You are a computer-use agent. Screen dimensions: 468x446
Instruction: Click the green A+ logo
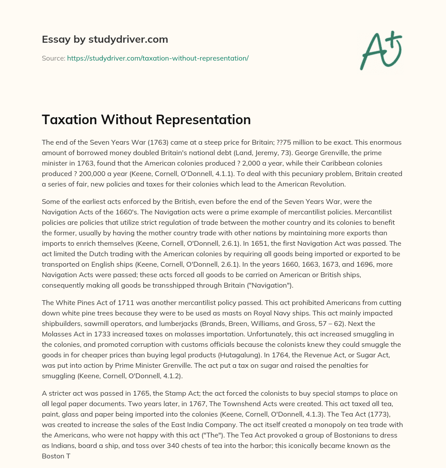(x=380, y=50)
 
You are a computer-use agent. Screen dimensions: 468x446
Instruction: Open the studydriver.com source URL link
(x=158, y=58)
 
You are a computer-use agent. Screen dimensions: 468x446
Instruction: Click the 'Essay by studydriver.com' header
(x=105, y=39)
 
